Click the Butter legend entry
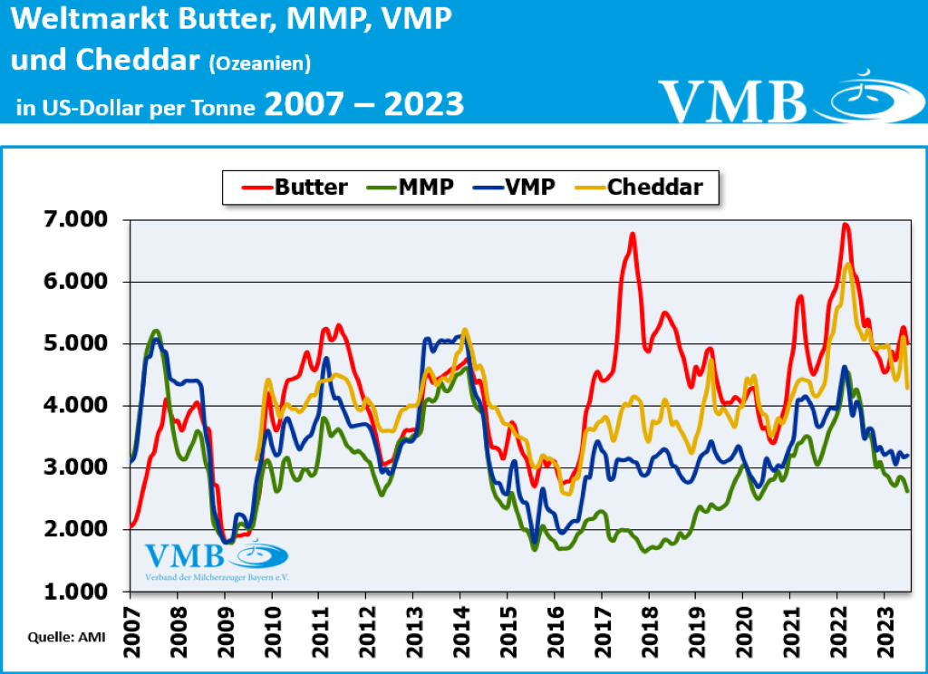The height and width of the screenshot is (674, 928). tap(295, 188)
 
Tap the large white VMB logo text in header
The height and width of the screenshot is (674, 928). tap(731, 100)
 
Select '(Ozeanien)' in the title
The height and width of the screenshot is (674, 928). tap(260, 63)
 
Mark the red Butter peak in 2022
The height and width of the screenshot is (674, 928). tap(846, 225)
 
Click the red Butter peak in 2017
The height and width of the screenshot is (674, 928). tap(633, 234)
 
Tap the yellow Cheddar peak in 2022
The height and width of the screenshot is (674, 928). tap(848, 264)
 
